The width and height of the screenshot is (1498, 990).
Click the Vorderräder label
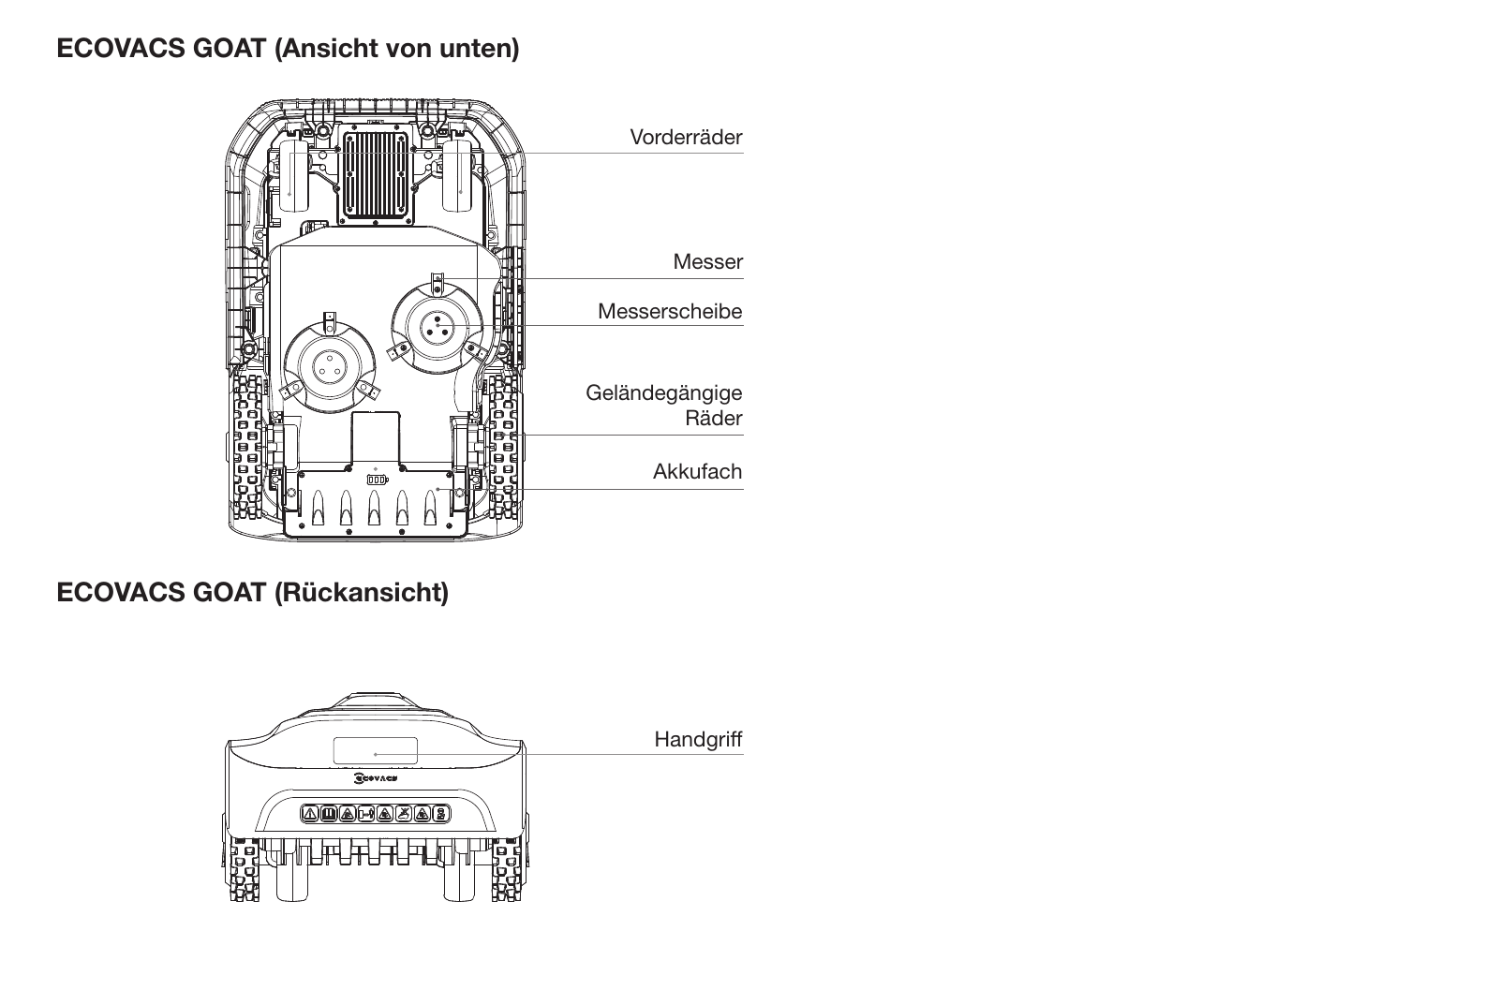point(686,137)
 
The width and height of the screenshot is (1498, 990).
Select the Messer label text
point(708,261)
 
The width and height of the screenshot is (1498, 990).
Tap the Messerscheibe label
point(670,312)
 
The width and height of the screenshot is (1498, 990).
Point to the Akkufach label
point(698,471)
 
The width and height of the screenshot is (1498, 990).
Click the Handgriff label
point(698,739)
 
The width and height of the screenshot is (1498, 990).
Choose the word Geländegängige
point(664,393)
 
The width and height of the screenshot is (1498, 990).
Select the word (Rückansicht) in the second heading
point(361,593)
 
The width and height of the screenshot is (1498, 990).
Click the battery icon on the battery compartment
point(378,480)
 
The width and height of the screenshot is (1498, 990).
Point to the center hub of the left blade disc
point(329,366)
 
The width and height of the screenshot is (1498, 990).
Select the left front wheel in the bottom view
point(293,175)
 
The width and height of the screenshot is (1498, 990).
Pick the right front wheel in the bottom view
point(457,175)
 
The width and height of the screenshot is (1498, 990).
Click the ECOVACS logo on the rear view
point(376,778)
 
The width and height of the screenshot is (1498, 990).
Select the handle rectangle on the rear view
point(375,750)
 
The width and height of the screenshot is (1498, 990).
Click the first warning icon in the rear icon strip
point(310,814)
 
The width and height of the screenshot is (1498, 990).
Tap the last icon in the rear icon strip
point(440,814)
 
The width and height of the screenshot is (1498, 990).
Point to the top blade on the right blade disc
point(438,283)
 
